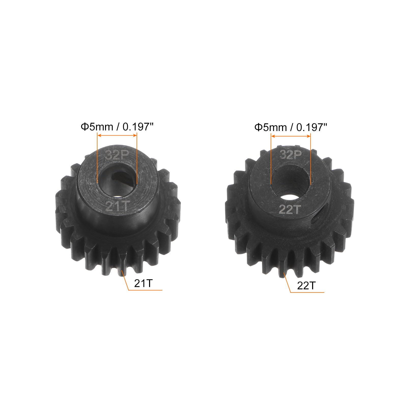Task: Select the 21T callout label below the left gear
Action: point(143,283)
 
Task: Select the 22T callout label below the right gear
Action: point(306,286)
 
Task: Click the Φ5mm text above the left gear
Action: point(97,127)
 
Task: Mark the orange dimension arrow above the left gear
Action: point(117,136)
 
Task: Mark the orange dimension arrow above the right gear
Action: point(291,137)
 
